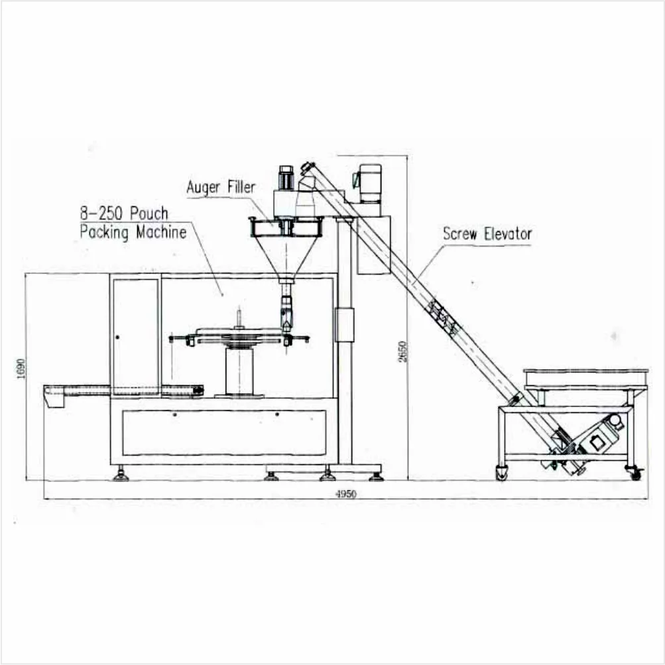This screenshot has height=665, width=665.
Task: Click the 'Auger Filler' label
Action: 221,188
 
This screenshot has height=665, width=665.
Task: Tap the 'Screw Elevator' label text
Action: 487,233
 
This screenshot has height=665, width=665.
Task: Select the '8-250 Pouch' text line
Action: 124,213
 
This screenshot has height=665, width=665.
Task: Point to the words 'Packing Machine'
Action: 133,232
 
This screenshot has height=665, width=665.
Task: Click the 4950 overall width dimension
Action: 346,494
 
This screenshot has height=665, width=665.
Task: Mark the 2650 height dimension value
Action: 402,351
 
